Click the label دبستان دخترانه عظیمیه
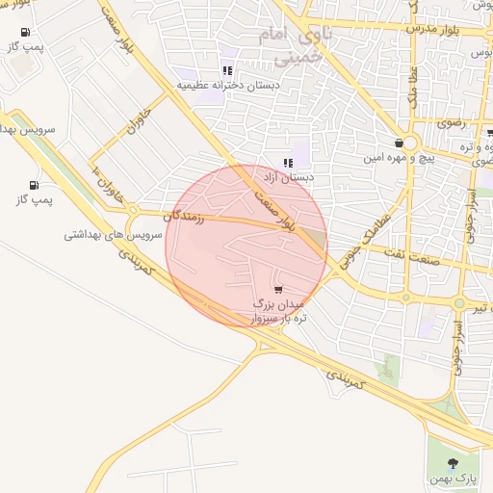point(227,86)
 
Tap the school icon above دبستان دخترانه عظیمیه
point(227,70)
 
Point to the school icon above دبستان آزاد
point(287,162)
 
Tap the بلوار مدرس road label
point(435,29)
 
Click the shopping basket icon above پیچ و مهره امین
point(399,143)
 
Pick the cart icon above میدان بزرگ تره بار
point(278,289)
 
